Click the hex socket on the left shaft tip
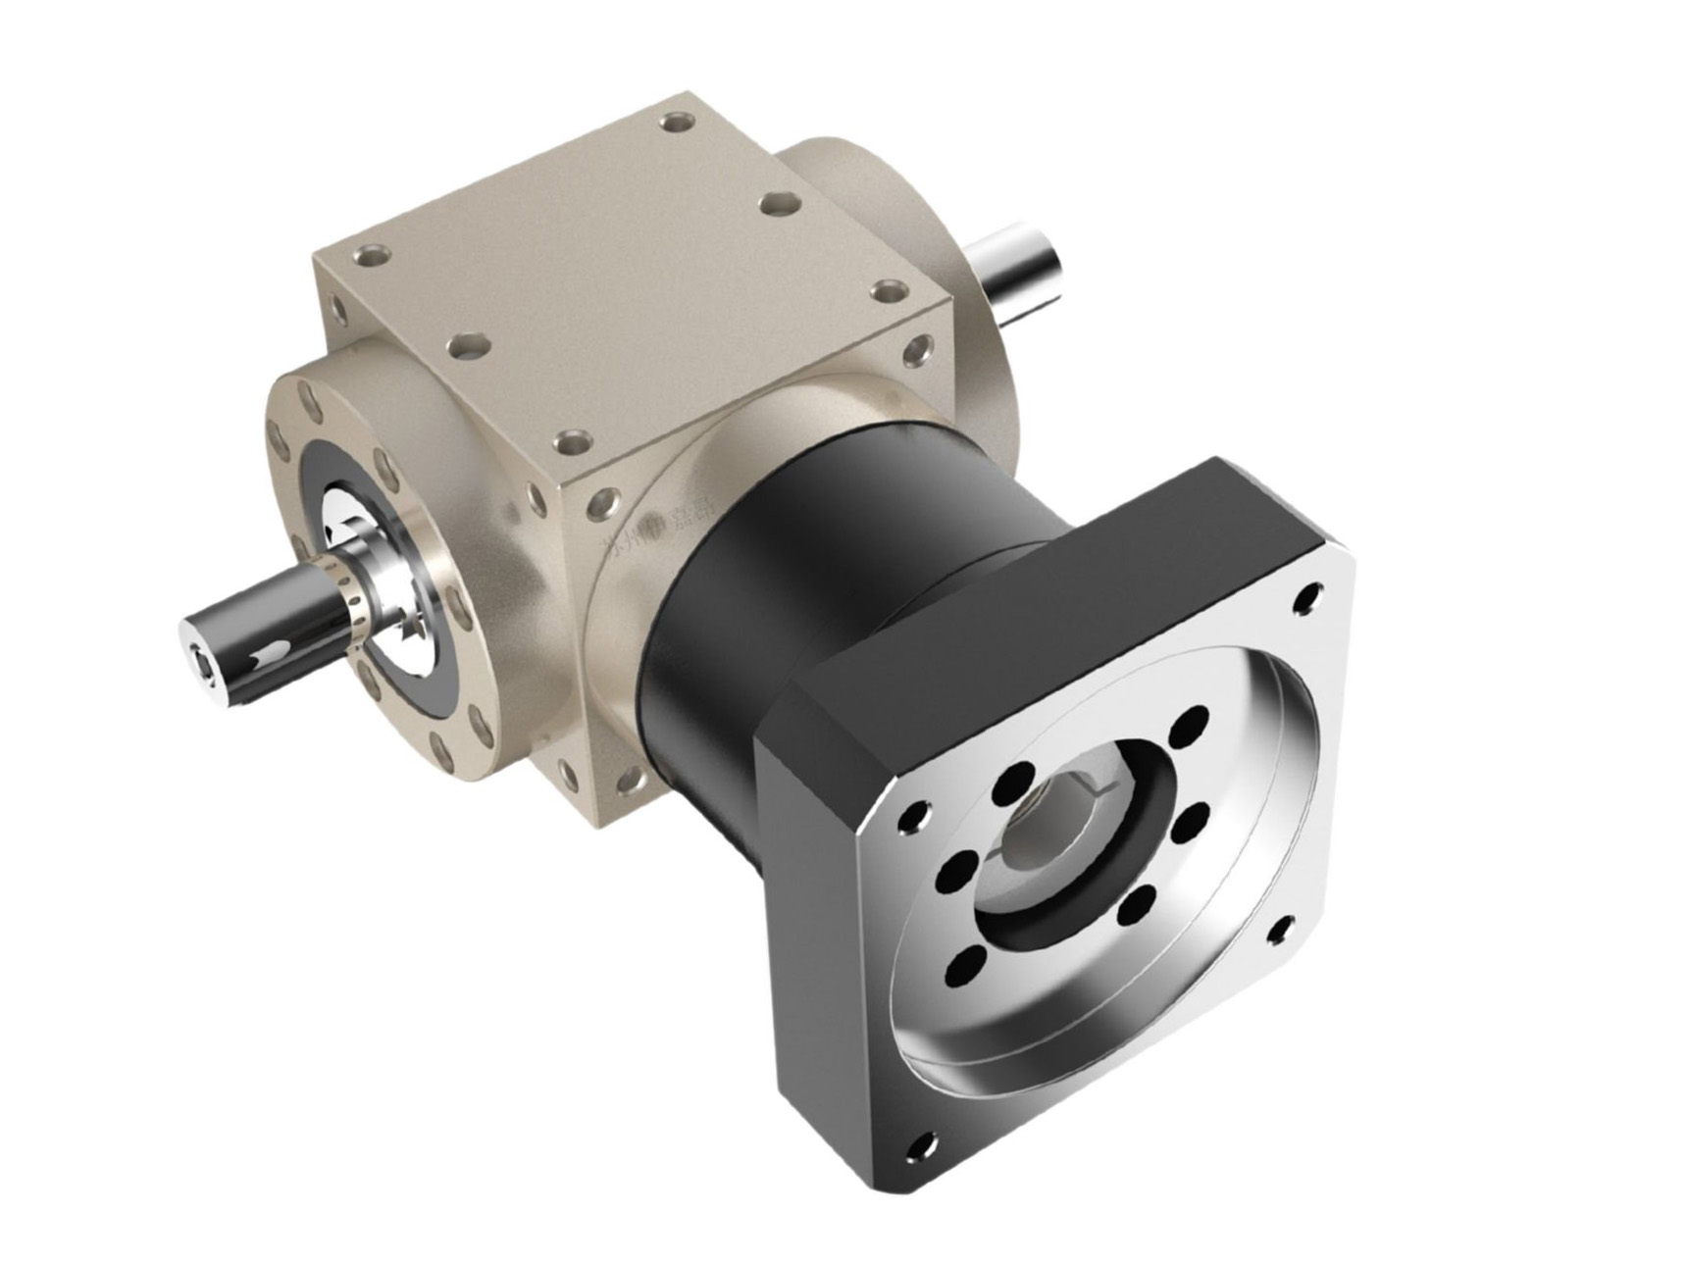point(205,670)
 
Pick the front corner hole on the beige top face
point(569,443)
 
